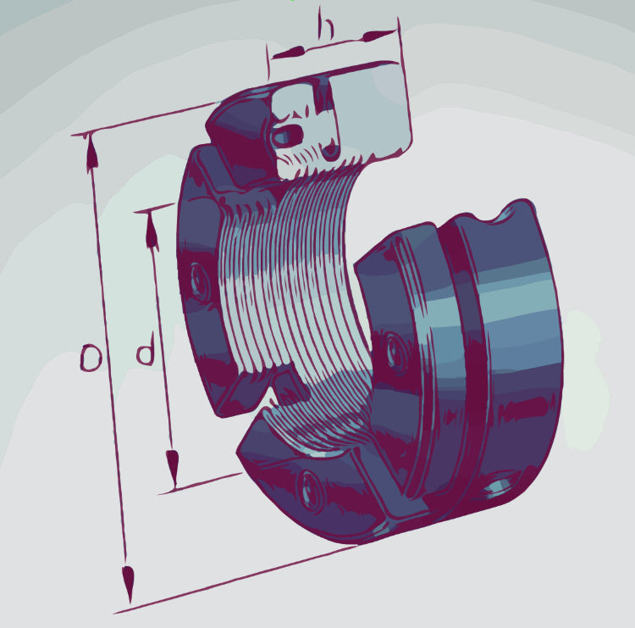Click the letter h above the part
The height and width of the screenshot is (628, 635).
coord(326,26)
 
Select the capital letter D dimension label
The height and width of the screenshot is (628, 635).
coord(91,359)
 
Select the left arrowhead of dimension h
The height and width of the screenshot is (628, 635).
coord(288,53)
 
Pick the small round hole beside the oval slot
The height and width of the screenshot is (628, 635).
coord(331,151)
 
